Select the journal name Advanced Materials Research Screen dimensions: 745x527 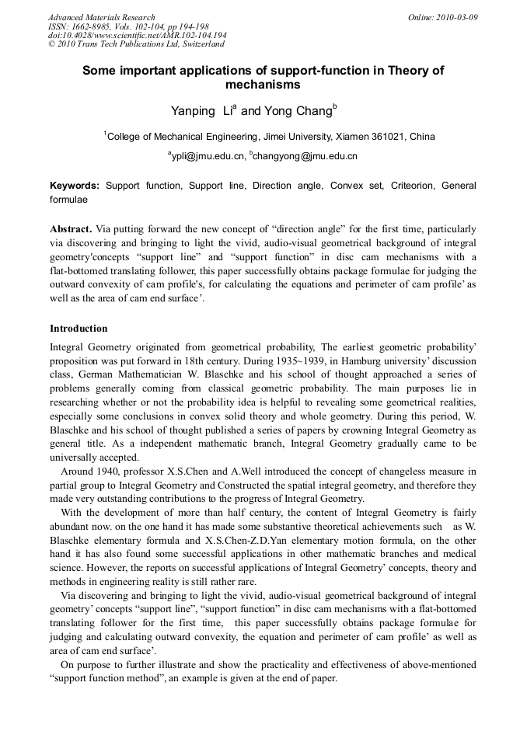click(x=101, y=17)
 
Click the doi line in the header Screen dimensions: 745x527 click(x=137, y=35)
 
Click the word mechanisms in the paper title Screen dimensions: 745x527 click(x=263, y=85)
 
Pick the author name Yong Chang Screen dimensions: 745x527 click(x=298, y=112)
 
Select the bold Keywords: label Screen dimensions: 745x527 click(x=75, y=186)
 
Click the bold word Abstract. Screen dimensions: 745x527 click(x=71, y=230)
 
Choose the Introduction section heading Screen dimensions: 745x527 click(x=79, y=329)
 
